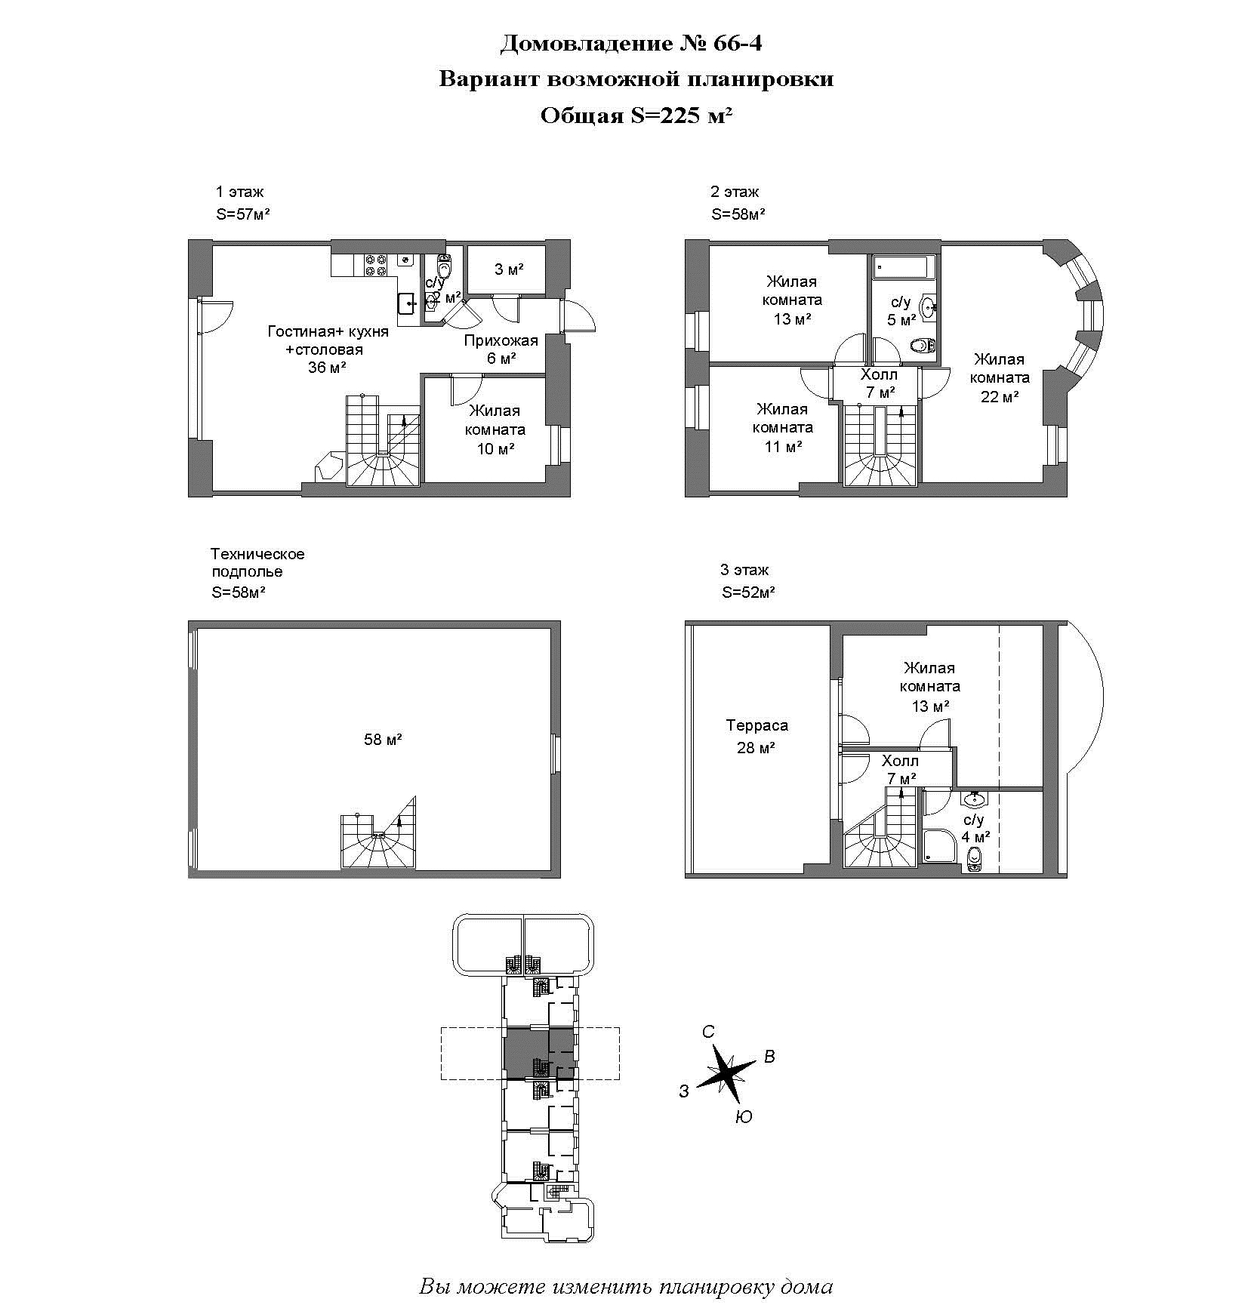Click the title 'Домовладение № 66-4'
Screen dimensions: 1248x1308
[630, 44]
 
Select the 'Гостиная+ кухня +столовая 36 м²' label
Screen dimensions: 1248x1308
[328, 349]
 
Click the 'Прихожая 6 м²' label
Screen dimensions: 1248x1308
[501, 349]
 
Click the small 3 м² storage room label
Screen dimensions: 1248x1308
[509, 269]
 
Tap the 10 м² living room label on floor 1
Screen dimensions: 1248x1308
[495, 429]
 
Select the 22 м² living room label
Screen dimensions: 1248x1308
[1000, 377]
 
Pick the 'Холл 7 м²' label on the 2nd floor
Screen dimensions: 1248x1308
[880, 383]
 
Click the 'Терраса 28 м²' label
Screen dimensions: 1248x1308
[757, 736]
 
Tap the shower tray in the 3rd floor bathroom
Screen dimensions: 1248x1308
[938, 847]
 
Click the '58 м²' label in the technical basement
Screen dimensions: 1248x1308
[383, 740]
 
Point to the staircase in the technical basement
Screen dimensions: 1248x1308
[377, 833]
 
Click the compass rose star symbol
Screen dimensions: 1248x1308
[726, 1069]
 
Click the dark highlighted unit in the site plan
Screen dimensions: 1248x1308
[526, 1053]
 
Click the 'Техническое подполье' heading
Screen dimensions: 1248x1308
[257, 562]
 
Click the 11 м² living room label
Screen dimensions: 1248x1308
[783, 428]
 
